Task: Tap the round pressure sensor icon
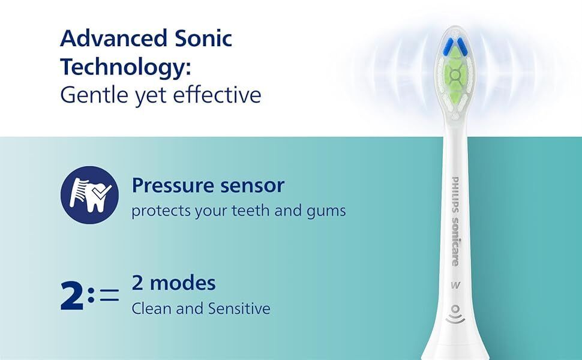point(89,195)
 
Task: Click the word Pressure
point(173,185)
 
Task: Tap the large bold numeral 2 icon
point(72,295)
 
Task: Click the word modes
point(183,283)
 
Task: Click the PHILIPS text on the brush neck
point(455,195)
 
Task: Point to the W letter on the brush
point(455,285)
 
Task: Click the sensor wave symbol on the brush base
point(455,314)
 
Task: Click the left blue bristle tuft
point(449,46)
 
